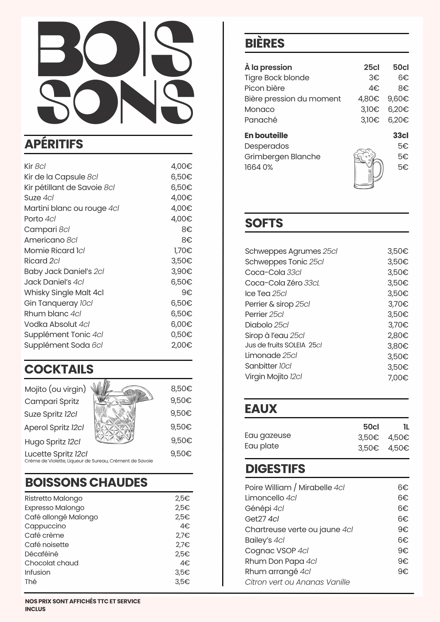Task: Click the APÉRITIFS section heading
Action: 54,144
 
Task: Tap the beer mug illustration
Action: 368,169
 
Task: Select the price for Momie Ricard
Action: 183,250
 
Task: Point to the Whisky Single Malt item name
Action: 64,293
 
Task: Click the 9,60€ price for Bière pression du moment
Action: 398,99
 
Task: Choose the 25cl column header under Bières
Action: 371,67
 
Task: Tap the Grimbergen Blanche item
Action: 282,156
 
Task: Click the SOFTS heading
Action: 264,223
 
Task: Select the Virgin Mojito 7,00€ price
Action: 398,378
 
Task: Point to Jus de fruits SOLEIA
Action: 283,345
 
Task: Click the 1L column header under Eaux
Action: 406,427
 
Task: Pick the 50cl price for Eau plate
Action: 368,448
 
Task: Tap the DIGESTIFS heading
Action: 275,469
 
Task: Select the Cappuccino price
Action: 185,526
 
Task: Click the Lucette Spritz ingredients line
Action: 89,461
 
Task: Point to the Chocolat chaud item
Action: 52,563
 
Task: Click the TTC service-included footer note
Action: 82,605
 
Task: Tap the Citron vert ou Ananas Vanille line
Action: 297,582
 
